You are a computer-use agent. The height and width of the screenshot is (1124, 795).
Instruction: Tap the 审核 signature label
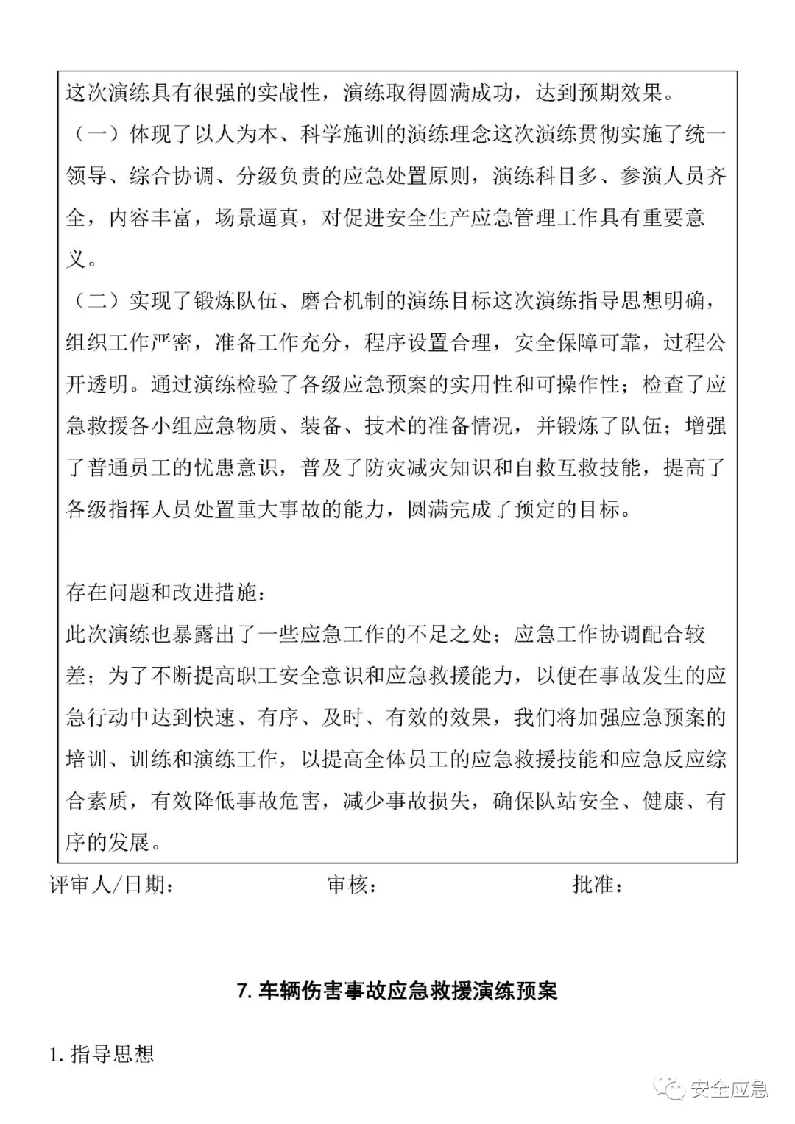pyautogui.click(x=352, y=884)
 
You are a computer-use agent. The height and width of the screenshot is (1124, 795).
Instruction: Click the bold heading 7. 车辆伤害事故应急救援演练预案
pyautogui.click(x=397, y=990)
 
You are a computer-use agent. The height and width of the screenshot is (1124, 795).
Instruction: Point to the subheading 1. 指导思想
pyautogui.click(x=102, y=1054)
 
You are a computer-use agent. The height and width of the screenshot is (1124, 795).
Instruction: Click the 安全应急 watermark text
pyautogui.click(x=729, y=1088)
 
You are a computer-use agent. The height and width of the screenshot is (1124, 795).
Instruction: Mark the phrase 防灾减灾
pyautogui.click(x=407, y=467)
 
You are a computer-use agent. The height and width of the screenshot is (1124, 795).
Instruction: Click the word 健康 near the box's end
pyautogui.click(x=663, y=801)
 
